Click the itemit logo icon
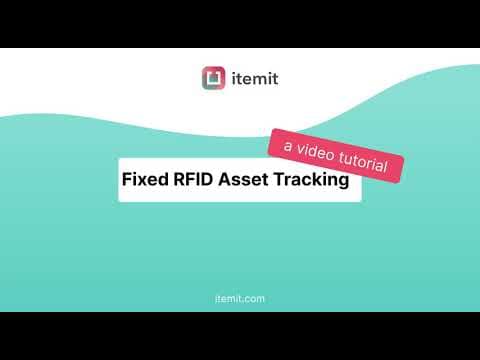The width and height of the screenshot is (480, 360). [x=213, y=77]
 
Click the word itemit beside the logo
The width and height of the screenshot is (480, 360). [x=254, y=77]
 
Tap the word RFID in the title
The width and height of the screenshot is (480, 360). [x=191, y=181]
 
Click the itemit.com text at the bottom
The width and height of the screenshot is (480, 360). [x=240, y=299]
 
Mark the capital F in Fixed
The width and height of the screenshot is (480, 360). [x=126, y=181]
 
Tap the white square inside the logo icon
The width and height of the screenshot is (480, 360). [x=213, y=77]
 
